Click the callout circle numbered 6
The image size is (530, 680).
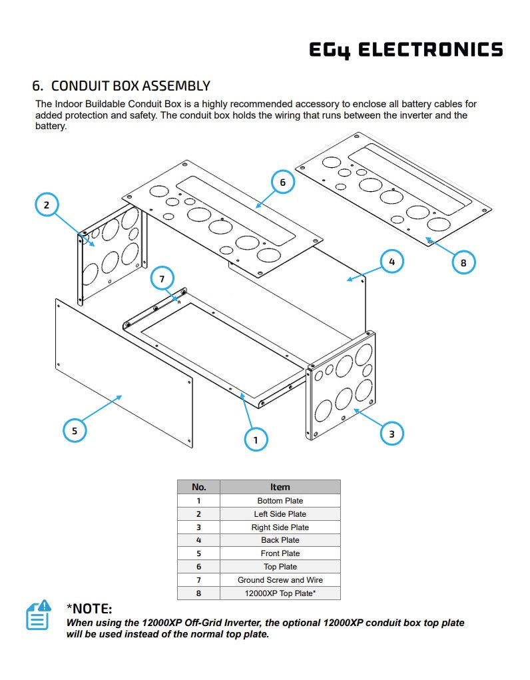(283, 182)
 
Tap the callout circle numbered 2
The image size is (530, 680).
(47, 204)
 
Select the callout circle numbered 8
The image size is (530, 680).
(463, 262)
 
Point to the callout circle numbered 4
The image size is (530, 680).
(392, 262)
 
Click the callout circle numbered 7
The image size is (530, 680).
(162, 278)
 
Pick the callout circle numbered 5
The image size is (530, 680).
(75, 430)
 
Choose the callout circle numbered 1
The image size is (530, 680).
(256, 439)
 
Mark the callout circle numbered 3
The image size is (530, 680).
(392, 434)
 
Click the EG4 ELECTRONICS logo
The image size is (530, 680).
(406, 50)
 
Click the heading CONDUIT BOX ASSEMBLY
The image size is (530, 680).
(121, 86)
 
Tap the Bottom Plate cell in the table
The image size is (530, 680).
(280, 500)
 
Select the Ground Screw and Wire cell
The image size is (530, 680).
(280, 580)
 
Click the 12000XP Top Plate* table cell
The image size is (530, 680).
(280, 593)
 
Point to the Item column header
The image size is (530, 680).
(280, 487)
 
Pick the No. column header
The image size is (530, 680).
(198, 487)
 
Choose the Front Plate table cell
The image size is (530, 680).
(280, 553)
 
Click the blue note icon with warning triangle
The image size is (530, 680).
(38, 615)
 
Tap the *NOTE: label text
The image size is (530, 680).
(89, 608)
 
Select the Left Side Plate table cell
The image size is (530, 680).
(280, 513)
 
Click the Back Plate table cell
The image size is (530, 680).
(280, 540)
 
